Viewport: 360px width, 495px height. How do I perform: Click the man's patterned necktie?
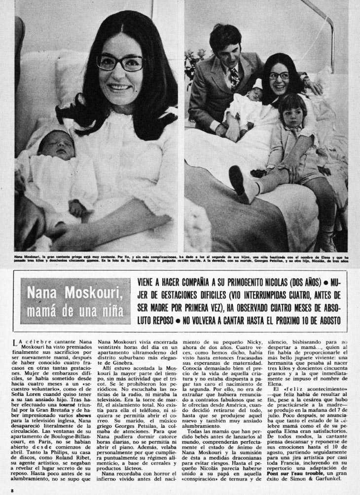pyautogui.click(x=235, y=77)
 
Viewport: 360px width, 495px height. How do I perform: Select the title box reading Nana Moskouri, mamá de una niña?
pyautogui.click(x=75, y=301)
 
